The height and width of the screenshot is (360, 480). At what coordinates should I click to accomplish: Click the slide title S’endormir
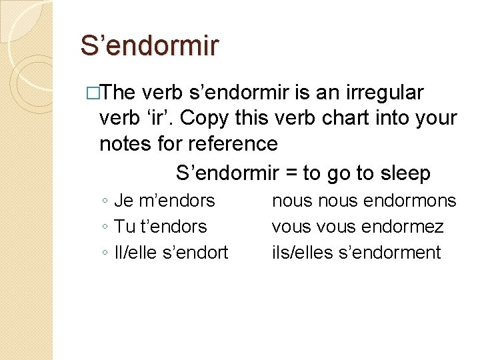pos(149,46)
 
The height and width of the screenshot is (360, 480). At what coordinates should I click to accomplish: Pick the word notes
pos(125,143)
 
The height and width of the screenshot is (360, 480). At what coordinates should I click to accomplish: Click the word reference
pos(233,143)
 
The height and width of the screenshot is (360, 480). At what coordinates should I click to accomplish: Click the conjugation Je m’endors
pos(165,200)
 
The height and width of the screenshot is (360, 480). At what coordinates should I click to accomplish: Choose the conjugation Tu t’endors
pos(161,227)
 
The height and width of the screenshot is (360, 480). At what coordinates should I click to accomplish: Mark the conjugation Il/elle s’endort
pos(171,253)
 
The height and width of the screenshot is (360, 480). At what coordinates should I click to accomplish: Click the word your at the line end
pos(437,118)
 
